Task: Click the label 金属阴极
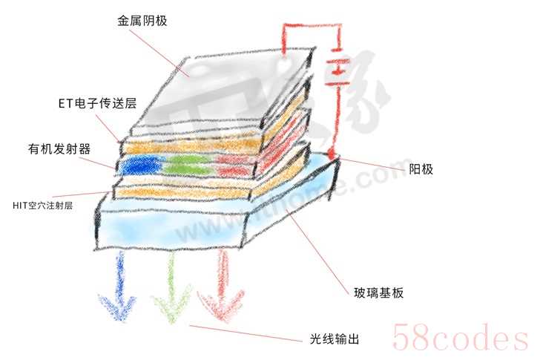pos(142,21)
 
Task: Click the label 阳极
pos(421,168)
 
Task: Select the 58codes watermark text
pos(460,338)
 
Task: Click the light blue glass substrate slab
pos(185,226)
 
